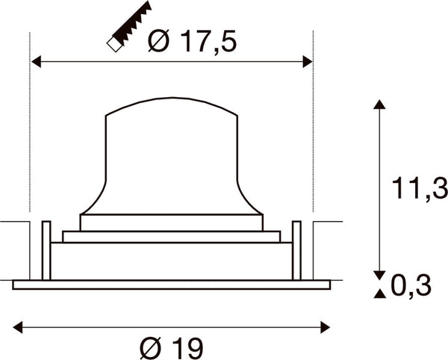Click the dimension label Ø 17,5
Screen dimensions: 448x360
(193, 41)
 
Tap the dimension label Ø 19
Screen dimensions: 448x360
(172, 347)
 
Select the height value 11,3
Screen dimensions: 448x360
(420, 188)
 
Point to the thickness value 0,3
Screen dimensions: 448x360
(411, 286)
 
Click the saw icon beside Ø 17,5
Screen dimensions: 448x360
(129, 27)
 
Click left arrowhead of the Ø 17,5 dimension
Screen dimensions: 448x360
(36, 62)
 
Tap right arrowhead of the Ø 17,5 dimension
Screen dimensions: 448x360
(308, 62)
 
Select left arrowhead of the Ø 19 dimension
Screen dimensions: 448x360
(18, 327)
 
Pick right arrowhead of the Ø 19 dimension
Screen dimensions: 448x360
(326, 327)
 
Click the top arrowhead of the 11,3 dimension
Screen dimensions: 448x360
(379, 105)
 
